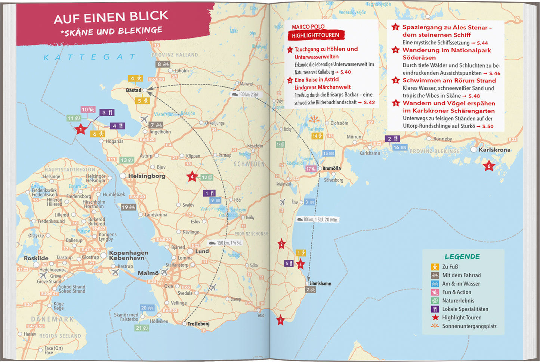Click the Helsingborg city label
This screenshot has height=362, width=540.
click(x=146, y=176)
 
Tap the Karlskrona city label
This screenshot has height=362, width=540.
click(x=494, y=149)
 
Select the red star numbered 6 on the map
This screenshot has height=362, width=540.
click(x=488, y=166)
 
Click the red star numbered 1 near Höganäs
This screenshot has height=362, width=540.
click(x=80, y=130)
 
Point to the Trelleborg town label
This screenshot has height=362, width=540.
click(x=198, y=324)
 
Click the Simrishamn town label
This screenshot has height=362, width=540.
click(x=320, y=283)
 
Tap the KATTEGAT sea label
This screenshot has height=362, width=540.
click(x=90, y=57)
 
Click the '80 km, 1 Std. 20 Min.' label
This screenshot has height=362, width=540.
click(x=318, y=220)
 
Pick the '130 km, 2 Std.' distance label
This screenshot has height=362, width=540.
click(x=245, y=95)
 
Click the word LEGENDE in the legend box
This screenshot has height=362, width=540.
click(x=462, y=257)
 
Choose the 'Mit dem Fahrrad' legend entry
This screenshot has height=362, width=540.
click(x=461, y=275)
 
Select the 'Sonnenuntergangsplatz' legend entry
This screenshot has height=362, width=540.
click(x=469, y=326)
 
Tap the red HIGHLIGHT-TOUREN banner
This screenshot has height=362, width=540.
click(x=316, y=35)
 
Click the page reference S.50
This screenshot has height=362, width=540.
click(x=488, y=126)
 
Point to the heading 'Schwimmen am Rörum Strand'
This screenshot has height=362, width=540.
click(x=449, y=80)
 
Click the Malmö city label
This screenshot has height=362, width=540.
click(x=148, y=273)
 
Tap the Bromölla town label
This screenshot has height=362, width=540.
click(x=331, y=168)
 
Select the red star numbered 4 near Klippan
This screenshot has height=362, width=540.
click(x=192, y=177)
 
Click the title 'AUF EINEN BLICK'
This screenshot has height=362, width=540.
click(x=111, y=17)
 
